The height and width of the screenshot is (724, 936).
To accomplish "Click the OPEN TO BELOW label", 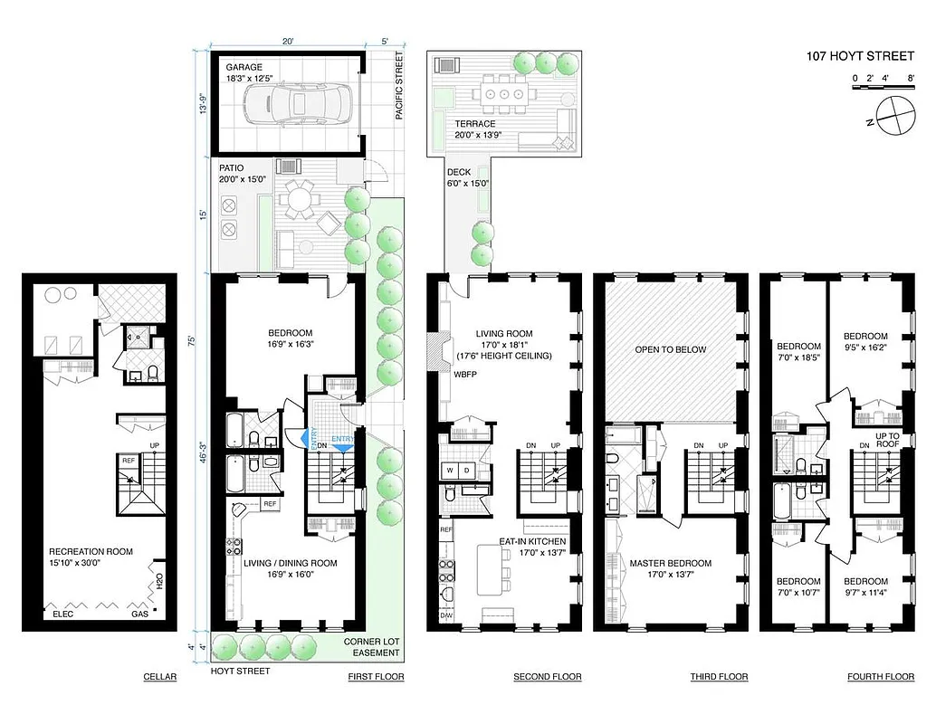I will coord(670,349).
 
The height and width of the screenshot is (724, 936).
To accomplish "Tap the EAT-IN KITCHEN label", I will coord(532,542).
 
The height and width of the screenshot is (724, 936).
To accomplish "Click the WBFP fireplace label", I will coord(465,373).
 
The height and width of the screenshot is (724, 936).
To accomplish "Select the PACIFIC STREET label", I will coord(398,86).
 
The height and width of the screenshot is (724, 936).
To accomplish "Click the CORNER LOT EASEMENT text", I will coord(371,647).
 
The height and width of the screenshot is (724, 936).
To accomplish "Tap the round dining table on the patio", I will coord(297,197).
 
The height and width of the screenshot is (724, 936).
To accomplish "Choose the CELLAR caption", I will coord(159,677).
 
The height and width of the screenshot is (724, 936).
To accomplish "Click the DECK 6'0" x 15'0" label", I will coord(468,177).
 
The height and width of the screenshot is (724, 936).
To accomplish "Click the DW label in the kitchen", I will coord(445,615).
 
